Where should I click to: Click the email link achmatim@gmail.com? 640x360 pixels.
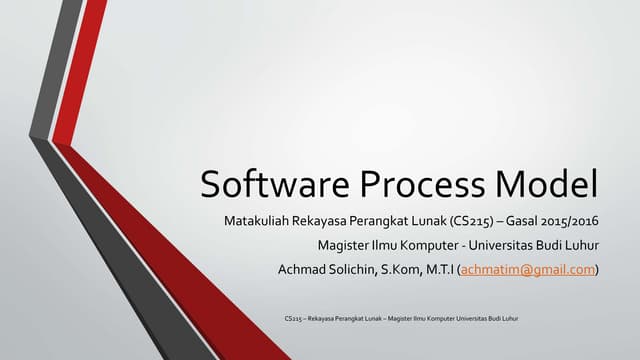[527, 268]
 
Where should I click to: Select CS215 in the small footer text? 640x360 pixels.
[293, 319]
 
